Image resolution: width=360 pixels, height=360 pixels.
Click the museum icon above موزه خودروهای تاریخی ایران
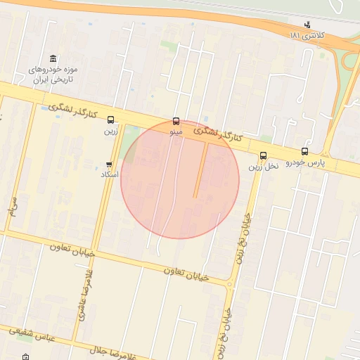pyautogui.click(x=53, y=58)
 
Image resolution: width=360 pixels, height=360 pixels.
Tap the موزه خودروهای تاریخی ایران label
pyautogui.click(x=54, y=75)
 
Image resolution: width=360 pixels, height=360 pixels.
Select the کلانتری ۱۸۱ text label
pyautogui.click(x=305, y=35)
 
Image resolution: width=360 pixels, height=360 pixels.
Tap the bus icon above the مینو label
pyautogui.click(x=176, y=121)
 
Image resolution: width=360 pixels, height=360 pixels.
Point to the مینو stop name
pyautogui.click(x=176, y=131)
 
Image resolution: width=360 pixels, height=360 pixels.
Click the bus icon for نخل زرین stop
pyautogui.click(x=264, y=156)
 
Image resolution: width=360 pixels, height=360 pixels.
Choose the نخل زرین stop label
pyautogui.click(x=264, y=167)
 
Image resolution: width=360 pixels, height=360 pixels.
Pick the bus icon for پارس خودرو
pyautogui.click(x=304, y=151)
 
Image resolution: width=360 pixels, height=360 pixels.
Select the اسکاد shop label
pyautogui.click(x=110, y=174)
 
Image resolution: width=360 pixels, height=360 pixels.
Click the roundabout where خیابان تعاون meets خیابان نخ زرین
pyautogui.click(x=230, y=285)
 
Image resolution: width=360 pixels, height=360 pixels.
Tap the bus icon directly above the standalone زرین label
pyautogui.click(x=110, y=120)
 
